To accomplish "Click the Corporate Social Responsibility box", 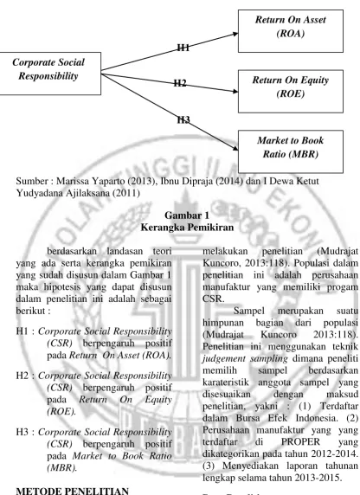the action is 49,74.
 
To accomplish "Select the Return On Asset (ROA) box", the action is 291,31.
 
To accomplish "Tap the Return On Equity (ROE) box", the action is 291,91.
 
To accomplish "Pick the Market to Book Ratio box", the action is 291,151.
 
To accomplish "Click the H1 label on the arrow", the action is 183,48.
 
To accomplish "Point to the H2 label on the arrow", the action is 180,83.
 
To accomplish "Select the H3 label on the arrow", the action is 183,119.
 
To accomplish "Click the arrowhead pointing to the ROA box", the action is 235,34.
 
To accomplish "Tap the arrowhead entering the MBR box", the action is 235,148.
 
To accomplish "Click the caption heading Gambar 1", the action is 187,215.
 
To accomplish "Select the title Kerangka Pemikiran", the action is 187,228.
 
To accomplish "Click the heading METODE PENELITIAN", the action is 73,491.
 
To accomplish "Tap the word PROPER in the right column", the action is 300,441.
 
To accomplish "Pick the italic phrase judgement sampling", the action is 245,359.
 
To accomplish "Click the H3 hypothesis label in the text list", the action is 22,432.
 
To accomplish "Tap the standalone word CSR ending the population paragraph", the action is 213,299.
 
